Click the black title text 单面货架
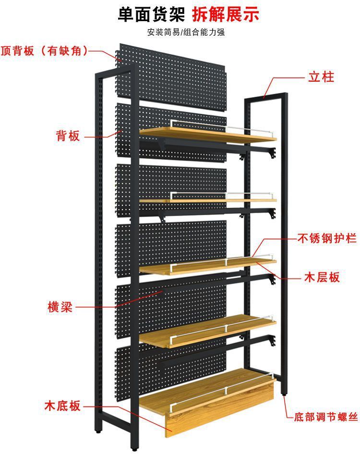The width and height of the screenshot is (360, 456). pyautogui.click(x=151, y=14)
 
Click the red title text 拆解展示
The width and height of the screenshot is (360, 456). pyautogui.click(x=226, y=14)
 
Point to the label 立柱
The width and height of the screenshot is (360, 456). pyautogui.click(x=321, y=77)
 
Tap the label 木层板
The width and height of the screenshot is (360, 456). pyautogui.click(x=322, y=277)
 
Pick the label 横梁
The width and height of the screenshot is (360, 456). pyautogui.click(x=60, y=307)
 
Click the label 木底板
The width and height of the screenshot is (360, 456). pyautogui.click(x=63, y=406)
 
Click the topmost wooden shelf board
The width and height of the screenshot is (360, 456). pyautogui.click(x=206, y=135)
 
